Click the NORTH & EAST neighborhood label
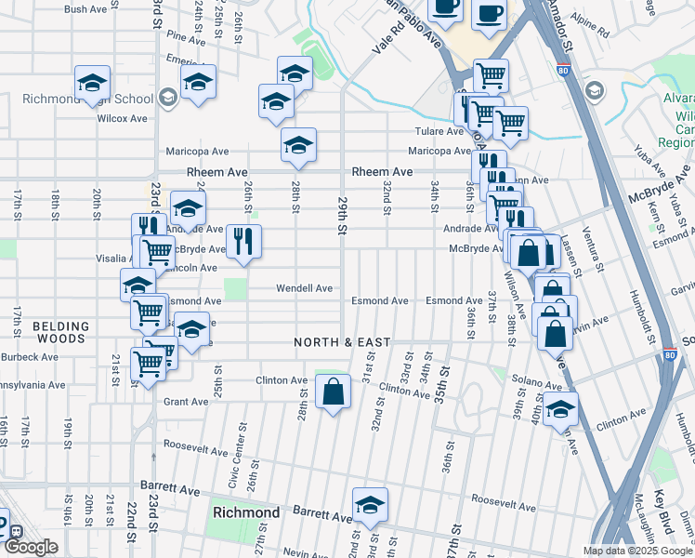click(x=342, y=342)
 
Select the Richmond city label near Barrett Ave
click(x=246, y=512)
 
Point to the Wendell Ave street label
click(x=304, y=288)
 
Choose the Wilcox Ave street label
click(x=123, y=118)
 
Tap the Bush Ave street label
click(x=85, y=9)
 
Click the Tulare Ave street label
click(x=433, y=131)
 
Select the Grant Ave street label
click(x=186, y=402)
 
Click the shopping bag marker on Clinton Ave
click(x=333, y=392)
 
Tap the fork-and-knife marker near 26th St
click(x=243, y=242)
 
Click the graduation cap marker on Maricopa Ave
click(x=298, y=145)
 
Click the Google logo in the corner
click(x=31, y=547)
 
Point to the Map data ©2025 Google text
click(x=637, y=551)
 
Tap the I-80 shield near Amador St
click(x=565, y=69)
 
